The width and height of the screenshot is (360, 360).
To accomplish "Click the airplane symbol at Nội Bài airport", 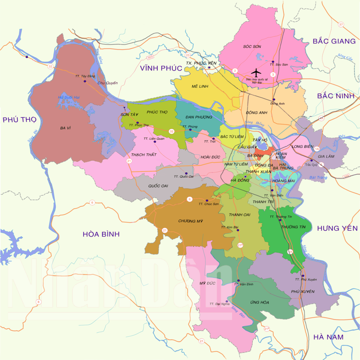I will click(256, 72).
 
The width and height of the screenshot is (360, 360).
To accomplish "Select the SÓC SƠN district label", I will click(252, 47).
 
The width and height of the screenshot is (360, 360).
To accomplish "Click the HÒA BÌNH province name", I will click(101, 234).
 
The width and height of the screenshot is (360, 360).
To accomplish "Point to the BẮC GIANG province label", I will click(334, 41).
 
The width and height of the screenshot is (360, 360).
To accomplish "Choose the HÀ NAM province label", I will click(328, 337).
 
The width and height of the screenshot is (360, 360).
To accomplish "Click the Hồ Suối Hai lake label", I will click(69, 97).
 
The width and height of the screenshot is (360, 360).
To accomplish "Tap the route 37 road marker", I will click(340, 24).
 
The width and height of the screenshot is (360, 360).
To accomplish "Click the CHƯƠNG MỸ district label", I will click(190, 221).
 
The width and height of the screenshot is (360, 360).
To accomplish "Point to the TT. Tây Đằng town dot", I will click(85, 81).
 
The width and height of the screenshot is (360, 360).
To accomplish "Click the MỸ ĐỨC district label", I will click(208, 283).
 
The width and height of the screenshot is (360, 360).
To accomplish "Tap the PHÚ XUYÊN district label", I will click(302, 292).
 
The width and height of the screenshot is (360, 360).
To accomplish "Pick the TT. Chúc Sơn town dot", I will click(207, 200).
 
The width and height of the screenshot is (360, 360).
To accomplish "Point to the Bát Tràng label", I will click(319, 177).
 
